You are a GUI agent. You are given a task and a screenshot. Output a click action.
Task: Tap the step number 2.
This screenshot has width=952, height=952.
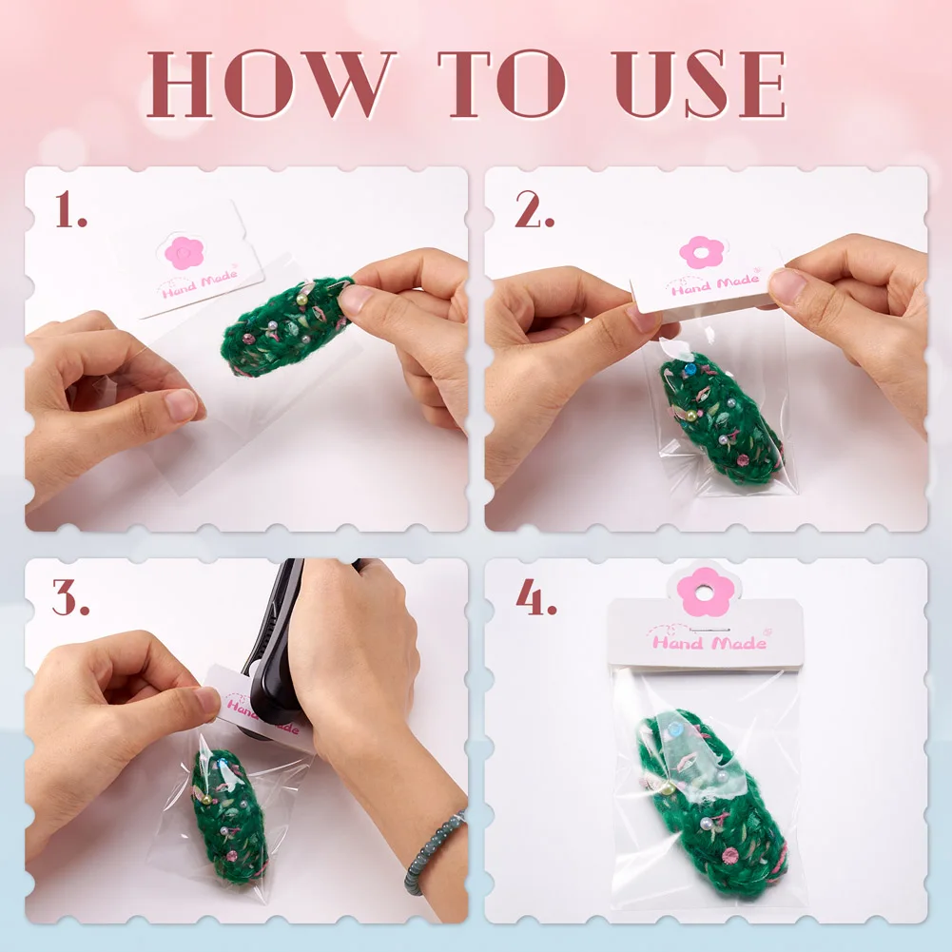534,209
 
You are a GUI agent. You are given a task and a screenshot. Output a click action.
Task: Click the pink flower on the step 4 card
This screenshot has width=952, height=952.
705,592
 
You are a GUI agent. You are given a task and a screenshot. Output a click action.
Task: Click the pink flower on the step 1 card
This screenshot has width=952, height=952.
184,253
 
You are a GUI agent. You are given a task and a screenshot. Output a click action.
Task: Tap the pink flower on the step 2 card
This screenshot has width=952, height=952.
701,252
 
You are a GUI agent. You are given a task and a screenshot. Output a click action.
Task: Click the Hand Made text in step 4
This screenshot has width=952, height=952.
709,642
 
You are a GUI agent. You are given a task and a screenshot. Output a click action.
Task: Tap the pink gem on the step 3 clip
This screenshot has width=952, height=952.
232,856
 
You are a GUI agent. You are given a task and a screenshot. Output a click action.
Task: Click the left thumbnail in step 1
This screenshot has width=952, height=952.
181,405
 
